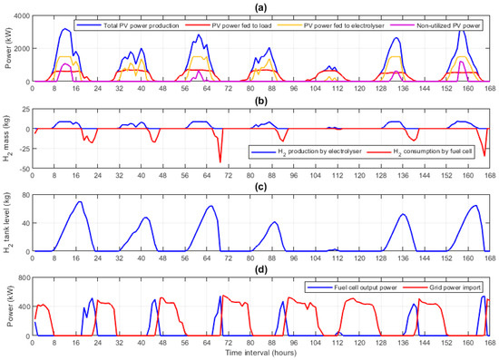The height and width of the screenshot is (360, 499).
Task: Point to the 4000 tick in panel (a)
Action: [20, 16]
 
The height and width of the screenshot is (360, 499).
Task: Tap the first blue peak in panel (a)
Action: [65, 29]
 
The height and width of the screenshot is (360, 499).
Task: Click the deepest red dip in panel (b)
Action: [220, 161]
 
